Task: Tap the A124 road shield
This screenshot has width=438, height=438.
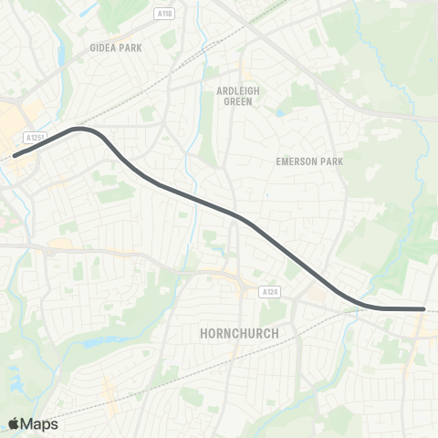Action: pos(266,292)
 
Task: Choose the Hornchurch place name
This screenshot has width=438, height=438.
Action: pos(238,334)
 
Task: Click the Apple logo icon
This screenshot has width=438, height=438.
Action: pos(15,423)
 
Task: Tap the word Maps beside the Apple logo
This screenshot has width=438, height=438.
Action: pos(41,423)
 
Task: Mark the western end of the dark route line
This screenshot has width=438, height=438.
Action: pos(15,156)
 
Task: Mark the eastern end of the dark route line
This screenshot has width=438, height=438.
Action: pos(423,309)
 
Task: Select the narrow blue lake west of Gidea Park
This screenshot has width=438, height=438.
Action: pos(61,55)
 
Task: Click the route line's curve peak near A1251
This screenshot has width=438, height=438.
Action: pos(82,130)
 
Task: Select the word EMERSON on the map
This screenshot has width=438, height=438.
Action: pos(297,162)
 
